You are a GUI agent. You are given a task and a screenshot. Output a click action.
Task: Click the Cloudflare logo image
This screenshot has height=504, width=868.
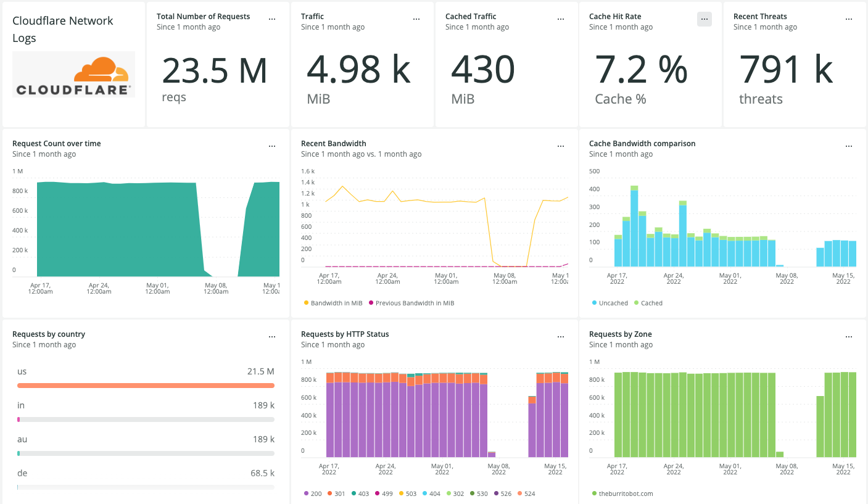click(74, 75)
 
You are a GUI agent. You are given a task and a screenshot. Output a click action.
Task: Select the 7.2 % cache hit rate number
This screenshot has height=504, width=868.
click(641, 70)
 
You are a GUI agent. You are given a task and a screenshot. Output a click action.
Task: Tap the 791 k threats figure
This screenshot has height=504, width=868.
click(786, 70)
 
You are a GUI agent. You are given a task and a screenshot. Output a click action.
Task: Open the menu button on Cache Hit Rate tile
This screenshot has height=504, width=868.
click(704, 19)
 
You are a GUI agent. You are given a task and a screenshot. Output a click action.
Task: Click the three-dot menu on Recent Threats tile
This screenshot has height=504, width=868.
click(849, 19)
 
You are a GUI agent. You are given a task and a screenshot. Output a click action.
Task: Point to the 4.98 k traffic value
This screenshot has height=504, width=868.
click(358, 70)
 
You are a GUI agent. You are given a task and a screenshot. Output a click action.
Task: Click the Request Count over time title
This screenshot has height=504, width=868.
click(57, 144)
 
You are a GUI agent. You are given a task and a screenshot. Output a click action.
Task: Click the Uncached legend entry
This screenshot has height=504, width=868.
click(613, 303)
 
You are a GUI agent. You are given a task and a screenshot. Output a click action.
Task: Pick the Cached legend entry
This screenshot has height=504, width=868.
click(651, 303)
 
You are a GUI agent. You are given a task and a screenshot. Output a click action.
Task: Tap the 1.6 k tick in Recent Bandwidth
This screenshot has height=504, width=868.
click(307, 171)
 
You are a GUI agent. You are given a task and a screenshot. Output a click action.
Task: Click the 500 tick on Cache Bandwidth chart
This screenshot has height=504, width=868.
click(594, 171)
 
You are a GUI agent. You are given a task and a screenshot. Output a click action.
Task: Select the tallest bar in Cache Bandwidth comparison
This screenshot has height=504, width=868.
click(634, 228)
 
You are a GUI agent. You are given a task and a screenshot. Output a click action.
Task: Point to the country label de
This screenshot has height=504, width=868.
click(22, 473)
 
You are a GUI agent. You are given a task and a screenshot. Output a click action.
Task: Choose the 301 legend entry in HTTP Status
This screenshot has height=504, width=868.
click(338, 494)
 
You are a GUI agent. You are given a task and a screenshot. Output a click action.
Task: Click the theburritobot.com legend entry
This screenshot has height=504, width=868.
click(626, 494)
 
